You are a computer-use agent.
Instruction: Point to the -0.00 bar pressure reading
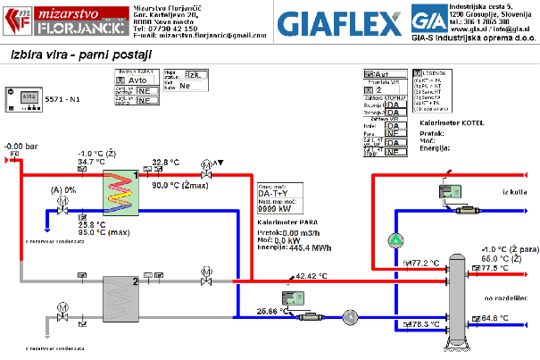pos(20,145)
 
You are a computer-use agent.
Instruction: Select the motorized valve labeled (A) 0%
pos(62,204)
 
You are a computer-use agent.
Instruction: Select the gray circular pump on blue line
pos(351,316)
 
